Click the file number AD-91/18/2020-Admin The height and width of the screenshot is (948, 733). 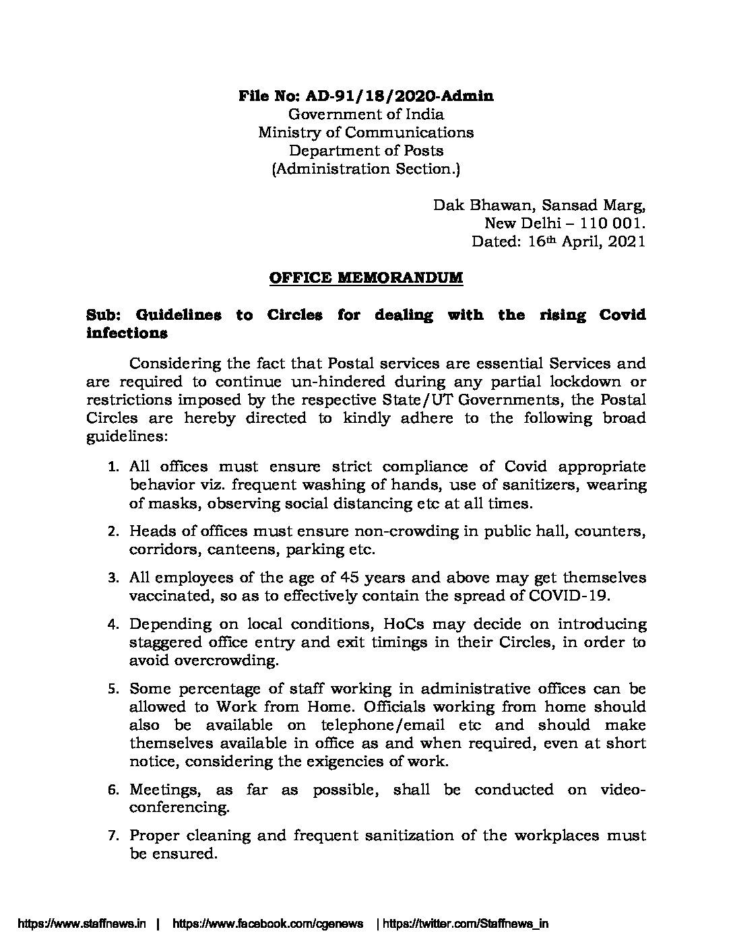(x=406, y=96)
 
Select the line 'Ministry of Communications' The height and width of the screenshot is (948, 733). (x=366, y=132)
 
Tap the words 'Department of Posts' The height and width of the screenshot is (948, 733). (x=366, y=150)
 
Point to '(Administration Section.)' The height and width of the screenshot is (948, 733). (x=366, y=168)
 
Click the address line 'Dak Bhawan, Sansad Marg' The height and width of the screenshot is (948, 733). (x=539, y=205)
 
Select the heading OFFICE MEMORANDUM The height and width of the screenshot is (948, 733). (x=366, y=278)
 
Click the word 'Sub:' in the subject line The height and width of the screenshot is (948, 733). (x=104, y=314)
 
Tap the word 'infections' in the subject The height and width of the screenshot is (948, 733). (x=127, y=333)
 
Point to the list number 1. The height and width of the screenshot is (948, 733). (x=115, y=467)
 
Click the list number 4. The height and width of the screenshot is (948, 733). (x=115, y=624)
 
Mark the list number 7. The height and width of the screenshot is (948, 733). (x=115, y=836)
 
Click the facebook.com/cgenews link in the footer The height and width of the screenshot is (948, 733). (x=268, y=924)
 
